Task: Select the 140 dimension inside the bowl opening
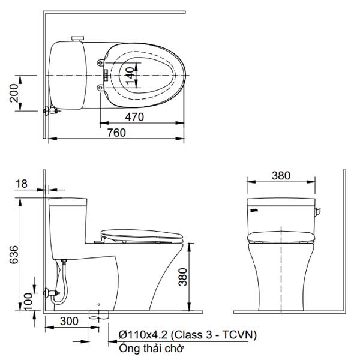[x=130, y=76]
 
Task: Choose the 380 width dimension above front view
[x=280, y=176]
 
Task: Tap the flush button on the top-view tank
[x=76, y=39]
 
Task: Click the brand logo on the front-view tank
[x=253, y=209]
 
